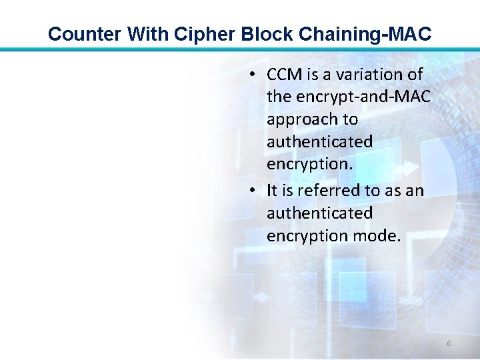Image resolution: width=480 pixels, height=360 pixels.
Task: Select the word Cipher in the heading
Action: [191, 33]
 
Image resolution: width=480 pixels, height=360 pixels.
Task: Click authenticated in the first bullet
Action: [319, 142]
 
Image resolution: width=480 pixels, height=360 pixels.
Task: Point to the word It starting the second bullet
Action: [271, 191]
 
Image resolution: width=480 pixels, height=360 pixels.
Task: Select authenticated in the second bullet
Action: [319, 213]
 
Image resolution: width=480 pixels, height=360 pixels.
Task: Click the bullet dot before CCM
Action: [253, 75]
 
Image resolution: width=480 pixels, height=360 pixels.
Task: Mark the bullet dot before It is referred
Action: [253, 191]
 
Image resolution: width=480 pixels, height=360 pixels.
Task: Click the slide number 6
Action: [449, 343]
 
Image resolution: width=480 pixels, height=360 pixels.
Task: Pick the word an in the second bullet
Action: [415, 191]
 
